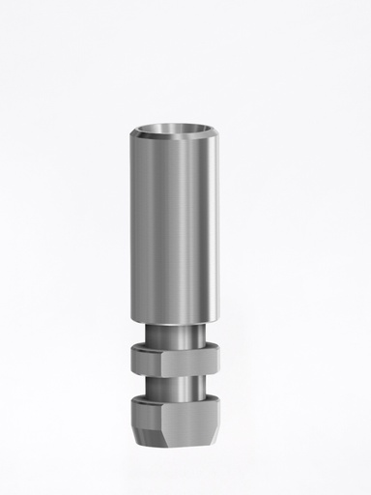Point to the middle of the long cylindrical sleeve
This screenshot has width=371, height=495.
click(x=185, y=227)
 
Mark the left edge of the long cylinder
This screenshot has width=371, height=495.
click(x=130, y=227)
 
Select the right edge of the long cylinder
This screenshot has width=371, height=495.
click(x=239, y=227)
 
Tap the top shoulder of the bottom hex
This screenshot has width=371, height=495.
click(x=185, y=400)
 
